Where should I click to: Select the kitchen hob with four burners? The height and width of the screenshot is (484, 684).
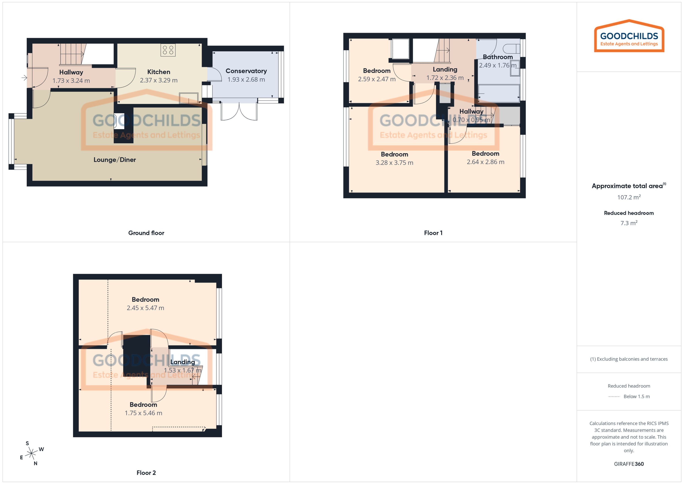(168, 50)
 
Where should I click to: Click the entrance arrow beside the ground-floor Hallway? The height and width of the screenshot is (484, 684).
(24, 78)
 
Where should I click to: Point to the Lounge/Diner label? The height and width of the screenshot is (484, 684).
(115, 160)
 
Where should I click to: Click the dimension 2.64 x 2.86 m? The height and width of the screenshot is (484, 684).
(485, 162)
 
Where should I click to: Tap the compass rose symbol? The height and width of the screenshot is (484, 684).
(31, 454)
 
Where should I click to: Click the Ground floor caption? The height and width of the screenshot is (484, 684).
(146, 233)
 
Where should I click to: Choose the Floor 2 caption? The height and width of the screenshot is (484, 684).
(146, 472)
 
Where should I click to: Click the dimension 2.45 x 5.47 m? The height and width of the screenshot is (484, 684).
(145, 308)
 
